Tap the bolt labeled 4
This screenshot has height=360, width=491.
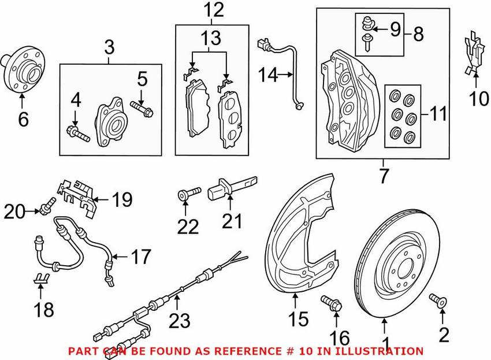click(x=77, y=133)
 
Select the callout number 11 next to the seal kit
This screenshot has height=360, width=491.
click(x=437, y=113)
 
